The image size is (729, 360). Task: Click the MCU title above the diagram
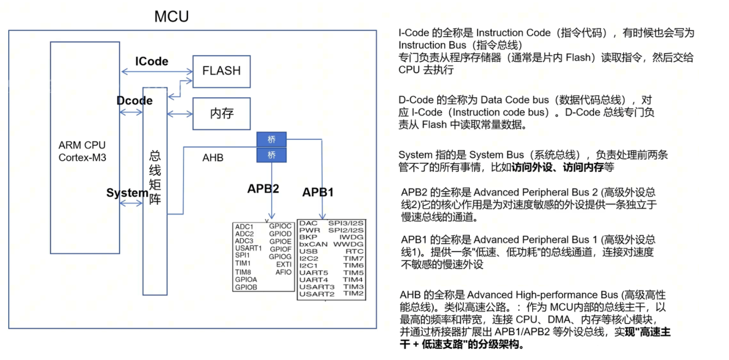click(x=171, y=16)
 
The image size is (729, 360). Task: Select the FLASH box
click(x=222, y=71)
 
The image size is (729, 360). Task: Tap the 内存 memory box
click(x=222, y=114)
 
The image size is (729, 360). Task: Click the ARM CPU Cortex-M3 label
click(x=82, y=152)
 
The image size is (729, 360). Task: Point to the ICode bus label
click(x=152, y=61)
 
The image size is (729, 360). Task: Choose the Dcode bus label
click(x=134, y=100)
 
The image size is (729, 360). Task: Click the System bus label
click(x=127, y=193)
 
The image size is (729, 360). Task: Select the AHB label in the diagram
click(x=213, y=158)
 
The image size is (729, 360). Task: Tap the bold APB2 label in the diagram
click(x=263, y=189)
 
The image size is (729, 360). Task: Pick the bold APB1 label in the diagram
click(x=318, y=192)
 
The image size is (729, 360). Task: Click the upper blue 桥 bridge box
click(x=271, y=139)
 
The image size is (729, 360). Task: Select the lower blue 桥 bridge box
click(x=271, y=155)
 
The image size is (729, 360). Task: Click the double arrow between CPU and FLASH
click(x=157, y=71)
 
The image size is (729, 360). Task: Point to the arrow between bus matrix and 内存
click(x=180, y=114)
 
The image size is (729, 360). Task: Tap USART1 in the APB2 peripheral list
click(x=248, y=248)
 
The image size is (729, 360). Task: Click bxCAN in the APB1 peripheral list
click(x=313, y=244)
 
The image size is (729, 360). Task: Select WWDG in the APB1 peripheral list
click(x=348, y=244)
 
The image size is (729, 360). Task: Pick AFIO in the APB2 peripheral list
click(x=283, y=272)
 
